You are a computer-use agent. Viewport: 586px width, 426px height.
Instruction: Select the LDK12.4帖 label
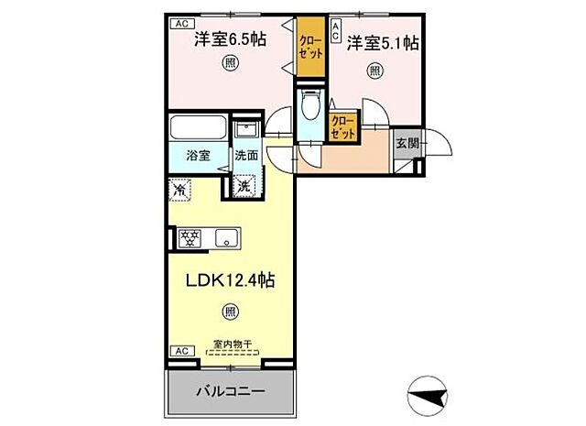232,279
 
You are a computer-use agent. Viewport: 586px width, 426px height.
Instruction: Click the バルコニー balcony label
231,393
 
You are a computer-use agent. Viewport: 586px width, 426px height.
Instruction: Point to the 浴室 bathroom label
199,155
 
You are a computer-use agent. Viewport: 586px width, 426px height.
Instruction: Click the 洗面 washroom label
245,155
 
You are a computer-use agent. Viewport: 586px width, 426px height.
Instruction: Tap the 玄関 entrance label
407,143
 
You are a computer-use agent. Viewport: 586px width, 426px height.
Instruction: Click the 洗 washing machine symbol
244,186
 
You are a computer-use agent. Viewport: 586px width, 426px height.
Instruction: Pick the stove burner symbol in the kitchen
190,238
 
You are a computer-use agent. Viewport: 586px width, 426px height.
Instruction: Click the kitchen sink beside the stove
224,238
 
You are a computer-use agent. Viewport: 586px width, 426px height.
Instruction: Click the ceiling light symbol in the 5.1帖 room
375,70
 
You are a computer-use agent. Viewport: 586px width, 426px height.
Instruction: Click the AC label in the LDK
181,351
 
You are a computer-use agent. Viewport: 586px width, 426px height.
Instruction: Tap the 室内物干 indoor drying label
234,345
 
